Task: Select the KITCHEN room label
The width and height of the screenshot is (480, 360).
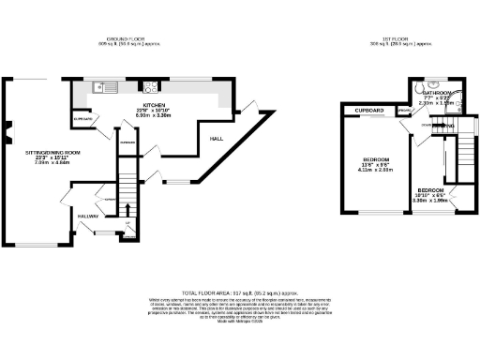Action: tap(155, 105)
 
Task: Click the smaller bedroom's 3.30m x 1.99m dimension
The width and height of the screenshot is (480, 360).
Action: tap(431, 200)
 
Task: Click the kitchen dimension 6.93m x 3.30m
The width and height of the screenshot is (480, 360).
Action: tap(155, 116)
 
